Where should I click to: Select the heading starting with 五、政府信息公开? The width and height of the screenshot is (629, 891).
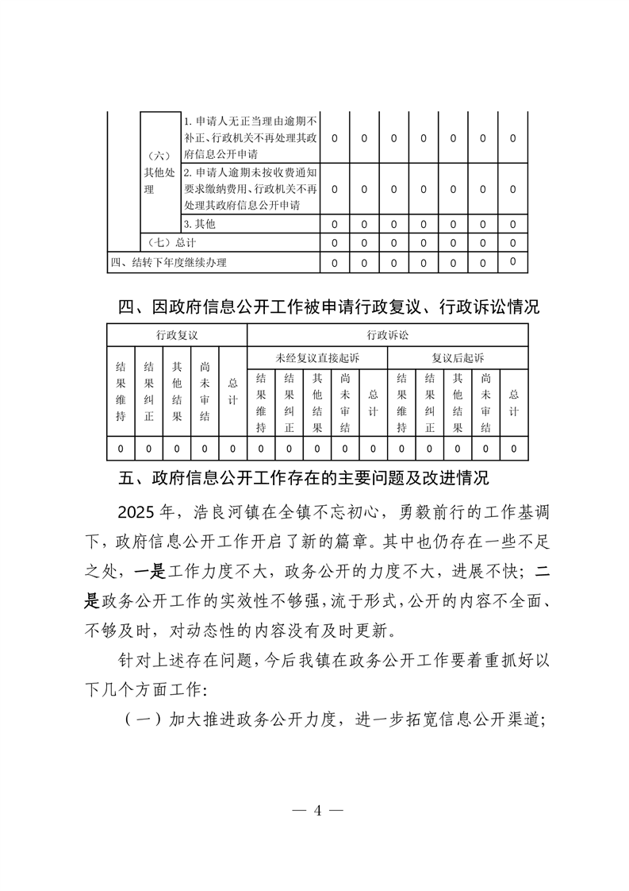[303, 479]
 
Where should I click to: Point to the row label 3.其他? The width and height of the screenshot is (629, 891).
[199, 225]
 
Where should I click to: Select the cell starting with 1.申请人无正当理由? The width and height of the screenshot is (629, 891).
[250, 137]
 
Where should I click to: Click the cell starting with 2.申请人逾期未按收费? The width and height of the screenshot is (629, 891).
[250, 189]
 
